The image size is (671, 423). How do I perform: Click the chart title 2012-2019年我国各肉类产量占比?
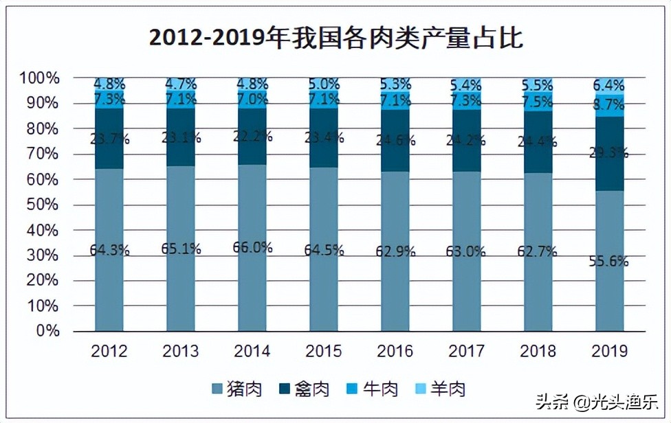pyautogui.click(x=335, y=38)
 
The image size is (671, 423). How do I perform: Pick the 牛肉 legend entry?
pyautogui.click(x=372, y=389)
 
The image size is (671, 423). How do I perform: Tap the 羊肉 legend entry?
pyautogui.click(x=440, y=389)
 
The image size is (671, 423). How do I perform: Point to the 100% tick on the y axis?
pyautogui.click(x=40, y=78)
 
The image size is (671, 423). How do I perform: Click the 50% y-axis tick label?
pyautogui.click(x=43, y=205)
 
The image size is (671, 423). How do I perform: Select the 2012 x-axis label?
pyautogui.click(x=109, y=352)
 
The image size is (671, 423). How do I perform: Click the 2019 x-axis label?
pyautogui.click(x=609, y=352)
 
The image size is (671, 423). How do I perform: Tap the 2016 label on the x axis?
pyautogui.click(x=395, y=352)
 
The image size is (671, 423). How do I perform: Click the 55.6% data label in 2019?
pyautogui.click(x=609, y=262)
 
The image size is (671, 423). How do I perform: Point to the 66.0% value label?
pyautogui.click(x=252, y=248)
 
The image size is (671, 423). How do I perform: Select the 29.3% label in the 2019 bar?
pyautogui.click(x=609, y=153)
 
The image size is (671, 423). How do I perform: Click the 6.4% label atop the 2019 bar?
pyautogui.click(x=609, y=86)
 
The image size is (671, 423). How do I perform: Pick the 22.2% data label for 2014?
pyautogui.click(x=252, y=137)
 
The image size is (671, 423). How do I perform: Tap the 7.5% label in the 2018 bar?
pyautogui.click(x=538, y=102)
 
